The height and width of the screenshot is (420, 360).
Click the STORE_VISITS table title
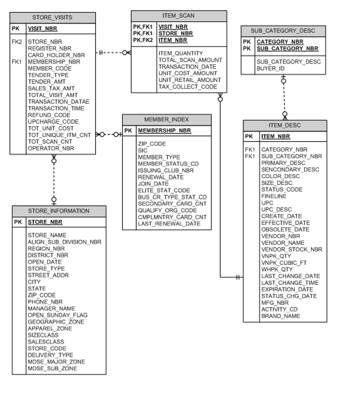tap(52, 18)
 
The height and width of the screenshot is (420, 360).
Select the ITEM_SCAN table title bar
tap(179, 16)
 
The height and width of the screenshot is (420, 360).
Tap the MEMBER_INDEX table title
tap(166, 119)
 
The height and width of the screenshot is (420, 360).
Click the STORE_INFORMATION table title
tap(59, 211)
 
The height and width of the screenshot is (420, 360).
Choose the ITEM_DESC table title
tap(284, 125)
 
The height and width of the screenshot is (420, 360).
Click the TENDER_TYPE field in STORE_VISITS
tap(48, 75)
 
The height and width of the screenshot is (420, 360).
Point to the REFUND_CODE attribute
tap(49, 115)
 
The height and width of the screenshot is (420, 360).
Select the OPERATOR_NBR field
tap(51, 148)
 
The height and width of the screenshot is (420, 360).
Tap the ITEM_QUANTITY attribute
tap(180, 53)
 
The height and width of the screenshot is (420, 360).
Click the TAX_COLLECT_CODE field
tap(187, 87)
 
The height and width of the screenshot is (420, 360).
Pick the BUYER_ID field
tap(270, 69)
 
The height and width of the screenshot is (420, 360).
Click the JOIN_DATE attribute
tap(153, 184)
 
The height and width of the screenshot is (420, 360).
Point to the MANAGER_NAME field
tap(51, 308)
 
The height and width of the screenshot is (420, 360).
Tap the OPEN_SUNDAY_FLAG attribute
tap(57, 315)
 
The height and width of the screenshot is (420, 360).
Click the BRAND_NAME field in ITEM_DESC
tap(280, 316)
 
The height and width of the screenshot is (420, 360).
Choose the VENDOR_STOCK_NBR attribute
tap(292, 249)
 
